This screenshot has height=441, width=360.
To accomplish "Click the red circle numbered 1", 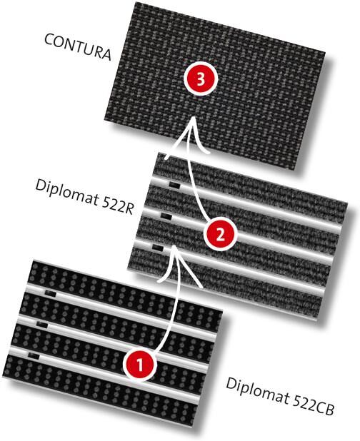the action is [x=140, y=365].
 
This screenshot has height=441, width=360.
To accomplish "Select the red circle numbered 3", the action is [x=201, y=80].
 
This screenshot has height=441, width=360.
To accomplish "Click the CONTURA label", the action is [x=78, y=47].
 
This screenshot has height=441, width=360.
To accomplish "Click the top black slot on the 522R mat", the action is [x=174, y=185].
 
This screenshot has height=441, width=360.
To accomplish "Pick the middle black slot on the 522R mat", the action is [x=166, y=216].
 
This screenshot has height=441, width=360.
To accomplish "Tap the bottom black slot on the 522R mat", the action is [x=158, y=248].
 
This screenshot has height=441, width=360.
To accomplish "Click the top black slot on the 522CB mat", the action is [x=51, y=293].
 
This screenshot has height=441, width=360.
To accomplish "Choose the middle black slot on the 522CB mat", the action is [x=42, y=325].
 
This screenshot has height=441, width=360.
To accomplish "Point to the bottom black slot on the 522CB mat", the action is [x=34, y=357].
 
